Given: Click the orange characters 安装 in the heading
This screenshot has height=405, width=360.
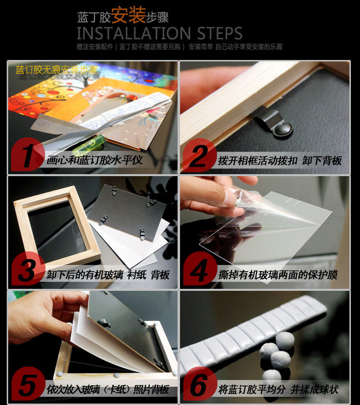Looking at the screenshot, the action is coord(129,15).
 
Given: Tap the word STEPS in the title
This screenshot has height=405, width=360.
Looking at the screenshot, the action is coord(219,33).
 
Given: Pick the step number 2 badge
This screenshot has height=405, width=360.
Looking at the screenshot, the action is coord(200,155).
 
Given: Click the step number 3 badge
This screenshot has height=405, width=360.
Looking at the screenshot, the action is coord(28,269).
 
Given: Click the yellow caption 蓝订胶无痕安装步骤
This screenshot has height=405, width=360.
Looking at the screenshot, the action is coord(57,70).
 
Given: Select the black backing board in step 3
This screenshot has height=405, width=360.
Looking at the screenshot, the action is coord(127,212).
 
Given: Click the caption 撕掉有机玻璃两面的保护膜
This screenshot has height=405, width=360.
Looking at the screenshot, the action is coord(278,275).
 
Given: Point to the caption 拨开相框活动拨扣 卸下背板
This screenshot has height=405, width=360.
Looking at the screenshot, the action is coord(280,160).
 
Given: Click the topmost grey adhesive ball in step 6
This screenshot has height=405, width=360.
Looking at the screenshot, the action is coord(285,340).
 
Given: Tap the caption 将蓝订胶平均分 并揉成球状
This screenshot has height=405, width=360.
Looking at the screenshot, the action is coord(278,390).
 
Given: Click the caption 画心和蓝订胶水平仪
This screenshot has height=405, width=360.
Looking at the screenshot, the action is coord(95,160).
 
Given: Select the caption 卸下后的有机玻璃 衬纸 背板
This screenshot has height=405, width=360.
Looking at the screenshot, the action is coord(108,275).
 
